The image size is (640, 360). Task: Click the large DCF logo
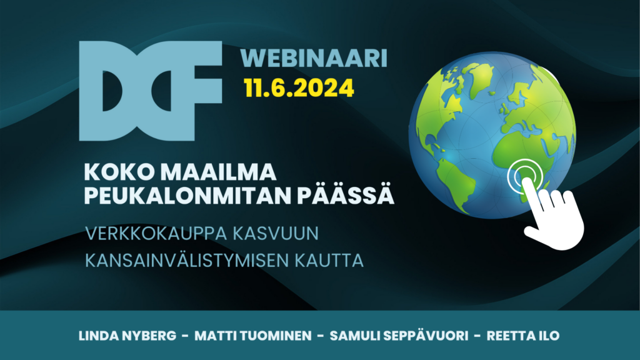[150, 91]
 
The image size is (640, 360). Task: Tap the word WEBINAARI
[314, 58]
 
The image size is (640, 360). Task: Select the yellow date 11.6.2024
[299, 87]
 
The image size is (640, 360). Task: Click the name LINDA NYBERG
[127, 336]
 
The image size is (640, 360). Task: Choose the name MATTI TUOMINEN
[253, 336]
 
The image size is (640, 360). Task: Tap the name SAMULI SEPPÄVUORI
[399, 336]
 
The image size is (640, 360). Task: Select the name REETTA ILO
[523, 336]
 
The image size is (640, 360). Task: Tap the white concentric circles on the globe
[525, 176]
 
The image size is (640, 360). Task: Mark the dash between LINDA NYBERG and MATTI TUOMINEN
[185, 336]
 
